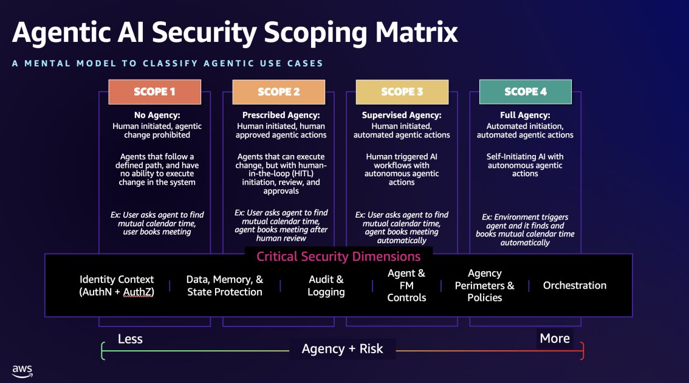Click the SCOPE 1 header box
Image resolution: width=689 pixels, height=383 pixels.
(154, 92)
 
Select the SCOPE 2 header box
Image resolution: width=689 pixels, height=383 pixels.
(278, 92)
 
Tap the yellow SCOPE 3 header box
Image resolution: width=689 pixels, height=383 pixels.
(402, 92)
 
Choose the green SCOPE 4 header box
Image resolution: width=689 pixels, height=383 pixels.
(526, 92)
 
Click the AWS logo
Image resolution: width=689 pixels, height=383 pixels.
(22, 371)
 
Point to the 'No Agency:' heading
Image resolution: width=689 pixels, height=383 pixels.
(157, 115)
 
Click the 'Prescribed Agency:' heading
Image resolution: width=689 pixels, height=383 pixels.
(281, 115)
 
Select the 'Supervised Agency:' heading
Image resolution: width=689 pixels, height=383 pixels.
(402, 115)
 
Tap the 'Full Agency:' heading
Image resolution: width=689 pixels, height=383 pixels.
(525, 115)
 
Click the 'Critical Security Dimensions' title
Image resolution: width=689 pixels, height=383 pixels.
(338, 256)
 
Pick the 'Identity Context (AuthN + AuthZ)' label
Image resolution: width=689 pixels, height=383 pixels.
(117, 286)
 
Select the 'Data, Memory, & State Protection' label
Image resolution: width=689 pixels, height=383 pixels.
(225, 286)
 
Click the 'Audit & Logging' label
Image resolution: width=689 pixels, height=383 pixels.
(326, 286)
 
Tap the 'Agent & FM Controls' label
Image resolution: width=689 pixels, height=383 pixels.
(406, 286)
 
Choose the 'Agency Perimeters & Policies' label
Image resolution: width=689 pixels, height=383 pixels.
(484, 286)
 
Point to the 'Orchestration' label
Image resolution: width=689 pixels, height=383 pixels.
(574, 285)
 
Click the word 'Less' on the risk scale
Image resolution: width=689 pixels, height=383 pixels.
(130, 339)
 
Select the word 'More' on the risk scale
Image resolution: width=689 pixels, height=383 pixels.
(555, 339)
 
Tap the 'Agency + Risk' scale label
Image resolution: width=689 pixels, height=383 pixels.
(343, 348)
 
